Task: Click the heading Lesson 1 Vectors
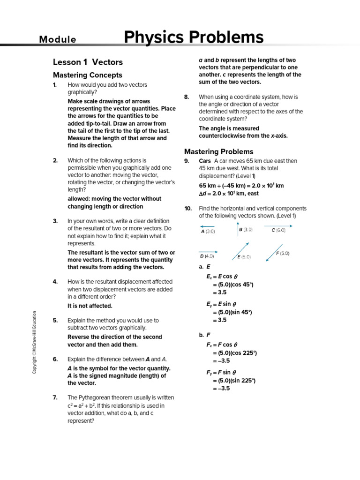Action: (x=88, y=62)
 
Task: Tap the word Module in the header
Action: (x=58, y=39)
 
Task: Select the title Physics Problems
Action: (x=194, y=37)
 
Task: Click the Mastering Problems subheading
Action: (x=218, y=151)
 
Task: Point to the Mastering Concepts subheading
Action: (x=88, y=75)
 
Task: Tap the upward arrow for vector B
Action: (x=238, y=230)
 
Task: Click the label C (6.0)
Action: (x=278, y=230)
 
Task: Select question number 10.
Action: (x=187, y=208)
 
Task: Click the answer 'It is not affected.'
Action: (x=90, y=306)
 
